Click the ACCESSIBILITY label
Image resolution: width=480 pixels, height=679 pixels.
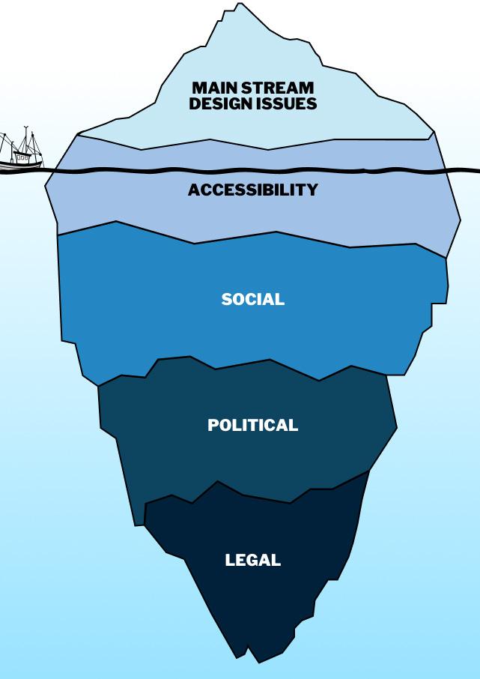253,190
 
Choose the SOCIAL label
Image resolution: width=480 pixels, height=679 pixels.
253,300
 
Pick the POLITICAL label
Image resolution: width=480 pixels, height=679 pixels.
253,426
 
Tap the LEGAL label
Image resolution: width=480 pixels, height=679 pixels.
253,561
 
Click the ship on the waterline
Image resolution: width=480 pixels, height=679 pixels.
20,153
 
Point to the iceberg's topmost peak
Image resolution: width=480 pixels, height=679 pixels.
240,4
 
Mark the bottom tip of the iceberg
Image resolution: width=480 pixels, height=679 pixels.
258,662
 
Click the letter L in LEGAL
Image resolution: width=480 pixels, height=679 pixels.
230,561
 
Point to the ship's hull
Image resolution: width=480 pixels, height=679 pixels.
20,161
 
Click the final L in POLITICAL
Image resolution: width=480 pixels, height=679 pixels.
294,426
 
